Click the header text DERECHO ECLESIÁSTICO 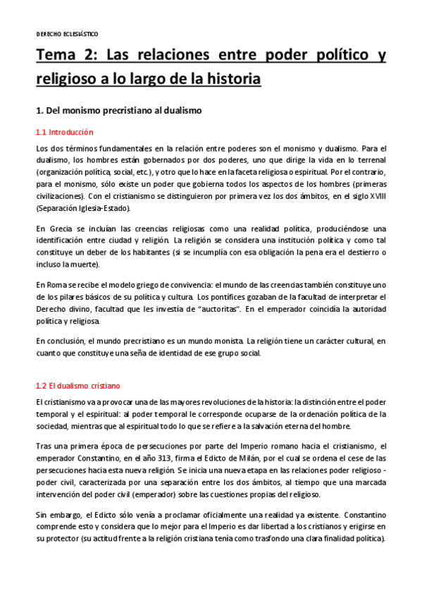67,34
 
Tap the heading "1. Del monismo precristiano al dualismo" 118,111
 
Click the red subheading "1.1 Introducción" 64,133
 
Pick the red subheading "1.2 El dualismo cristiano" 78,386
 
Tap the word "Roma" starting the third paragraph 60,284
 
